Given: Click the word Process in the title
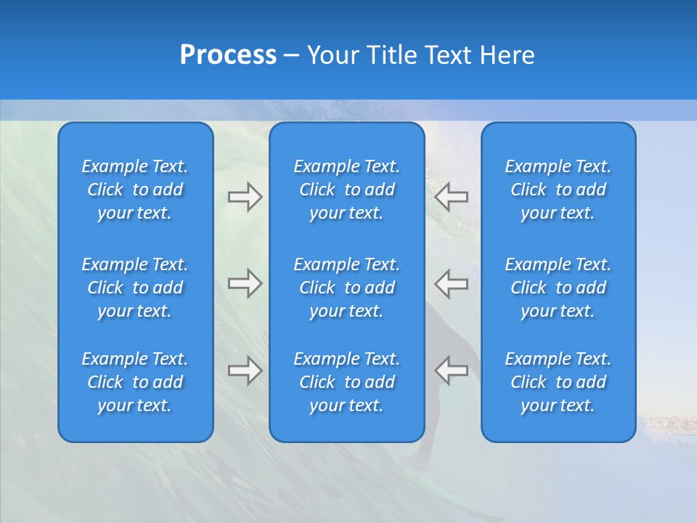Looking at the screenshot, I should [228, 55].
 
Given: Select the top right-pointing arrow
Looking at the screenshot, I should [245, 197].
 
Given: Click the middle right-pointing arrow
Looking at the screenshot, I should [245, 283].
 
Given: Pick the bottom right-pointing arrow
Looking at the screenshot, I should [245, 370].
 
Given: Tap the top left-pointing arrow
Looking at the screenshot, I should [452, 197].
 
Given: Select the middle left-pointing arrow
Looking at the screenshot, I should [452, 283].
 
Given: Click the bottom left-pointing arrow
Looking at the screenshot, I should [452, 370].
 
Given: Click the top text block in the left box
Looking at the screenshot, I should [135, 190].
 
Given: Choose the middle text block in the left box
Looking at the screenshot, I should [135, 288].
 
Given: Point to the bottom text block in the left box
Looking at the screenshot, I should [135, 382].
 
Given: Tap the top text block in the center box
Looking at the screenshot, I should [347, 190].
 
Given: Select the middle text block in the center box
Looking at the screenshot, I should [347, 288].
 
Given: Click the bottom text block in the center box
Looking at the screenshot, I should [347, 382].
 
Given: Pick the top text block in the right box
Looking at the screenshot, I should [558, 190].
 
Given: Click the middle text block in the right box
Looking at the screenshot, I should [558, 288].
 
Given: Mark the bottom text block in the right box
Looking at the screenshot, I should [558, 382].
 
